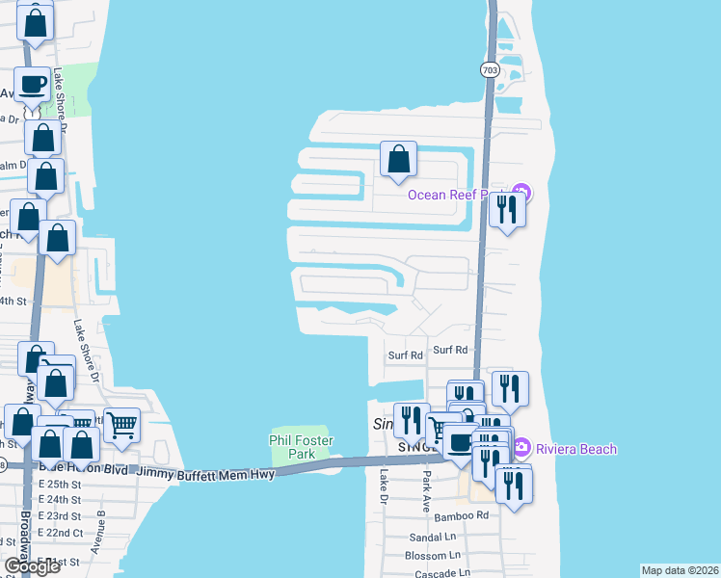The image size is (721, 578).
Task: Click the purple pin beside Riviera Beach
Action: (521, 448)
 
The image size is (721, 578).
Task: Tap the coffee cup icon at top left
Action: (32, 84)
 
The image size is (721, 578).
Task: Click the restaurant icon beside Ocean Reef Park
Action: (507, 208)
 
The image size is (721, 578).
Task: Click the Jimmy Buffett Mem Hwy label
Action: (204, 474)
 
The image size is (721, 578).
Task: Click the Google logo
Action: (32, 566)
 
